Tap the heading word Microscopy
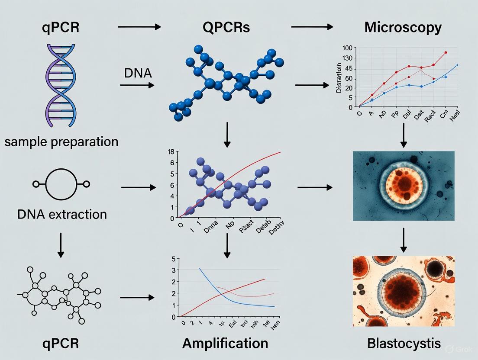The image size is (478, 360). click(x=403, y=27)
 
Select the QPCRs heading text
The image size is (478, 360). click(x=226, y=27)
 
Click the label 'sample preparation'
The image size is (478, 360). click(x=61, y=141)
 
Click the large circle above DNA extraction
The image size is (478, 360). click(x=61, y=184)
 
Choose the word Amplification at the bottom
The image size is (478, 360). click(x=225, y=343)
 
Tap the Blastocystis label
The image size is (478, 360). click(x=404, y=344)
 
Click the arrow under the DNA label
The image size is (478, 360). click(x=137, y=85)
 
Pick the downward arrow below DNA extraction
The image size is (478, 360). click(x=61, y=245)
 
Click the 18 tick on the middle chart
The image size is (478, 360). click(x=170, y=152)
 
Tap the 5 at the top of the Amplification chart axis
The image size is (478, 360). click(x=174, y=259)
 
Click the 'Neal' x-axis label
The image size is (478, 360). click(x=454, y=116)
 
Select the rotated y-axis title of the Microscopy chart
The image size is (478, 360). click(x=339, y=78)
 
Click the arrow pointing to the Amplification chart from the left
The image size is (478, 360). click(x=137, y=298)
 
